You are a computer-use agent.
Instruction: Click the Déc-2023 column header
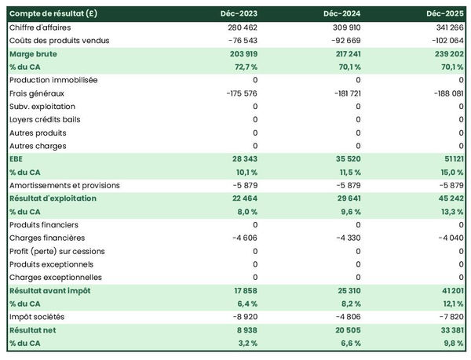pos(240,14)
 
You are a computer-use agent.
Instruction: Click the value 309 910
pos(344,27)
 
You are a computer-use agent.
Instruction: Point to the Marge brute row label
pos(33,54)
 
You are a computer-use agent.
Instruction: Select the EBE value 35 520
pos(346,159)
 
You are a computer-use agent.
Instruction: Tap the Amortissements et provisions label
pos(64,185)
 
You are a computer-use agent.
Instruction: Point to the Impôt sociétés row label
pos(38,317)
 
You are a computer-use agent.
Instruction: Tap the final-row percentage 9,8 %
pos(451,343)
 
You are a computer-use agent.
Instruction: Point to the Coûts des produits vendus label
pos(60,41)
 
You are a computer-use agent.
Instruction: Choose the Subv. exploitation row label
pos(42,107)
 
